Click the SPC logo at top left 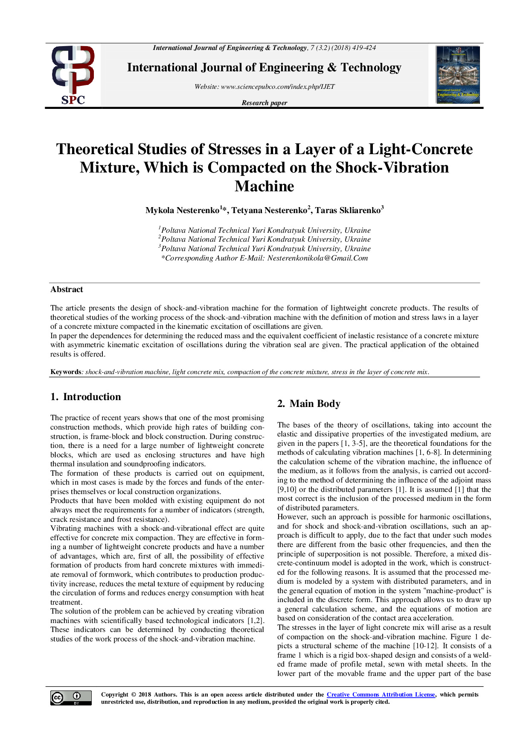(x=73, y=75)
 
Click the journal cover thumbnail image (x=458, y=75)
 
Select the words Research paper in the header (x=264, y=103)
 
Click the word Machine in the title (x=264, y=186)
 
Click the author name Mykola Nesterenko (x=182, y=210)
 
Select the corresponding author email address (x=317, y=258)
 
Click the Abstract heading (x=67, y=289)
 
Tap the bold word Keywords (x=65, y=372)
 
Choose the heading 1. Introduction (x=86, y=397)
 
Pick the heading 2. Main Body (x=309, y=404)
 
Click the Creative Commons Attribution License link (x=381, y=695)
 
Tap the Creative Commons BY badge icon (x=71, y=698)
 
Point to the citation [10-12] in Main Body (x=425, y=646)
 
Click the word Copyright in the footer (x=114, y=695)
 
